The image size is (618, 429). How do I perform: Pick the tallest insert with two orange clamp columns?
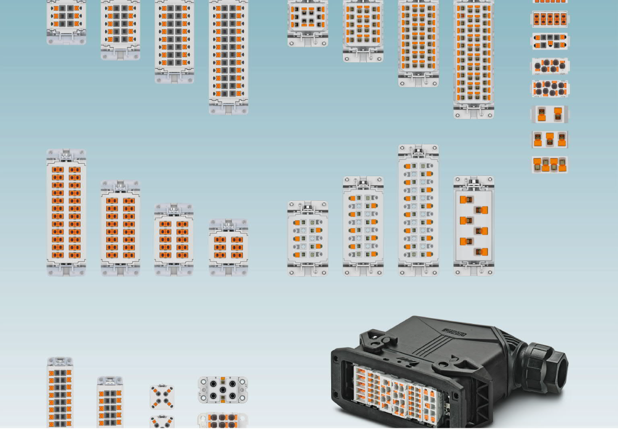point(66,212)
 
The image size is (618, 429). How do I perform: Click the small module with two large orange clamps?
point(550,114)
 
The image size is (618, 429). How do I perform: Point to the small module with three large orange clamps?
point(550,140)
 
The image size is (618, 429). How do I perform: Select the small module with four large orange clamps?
point(550,165)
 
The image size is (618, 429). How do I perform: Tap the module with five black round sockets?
point(223,389)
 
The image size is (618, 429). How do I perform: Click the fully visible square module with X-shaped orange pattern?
point(162,397)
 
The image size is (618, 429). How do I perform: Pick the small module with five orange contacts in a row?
point(550,20)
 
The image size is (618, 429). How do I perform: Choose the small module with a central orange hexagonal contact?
point(550,41)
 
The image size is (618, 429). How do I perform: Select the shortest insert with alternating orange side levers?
point(307,238)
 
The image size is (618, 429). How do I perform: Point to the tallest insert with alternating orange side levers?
point(418,210)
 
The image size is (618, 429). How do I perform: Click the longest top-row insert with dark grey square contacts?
point(229,57)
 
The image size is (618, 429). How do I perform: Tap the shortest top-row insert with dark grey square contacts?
point(66,22)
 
